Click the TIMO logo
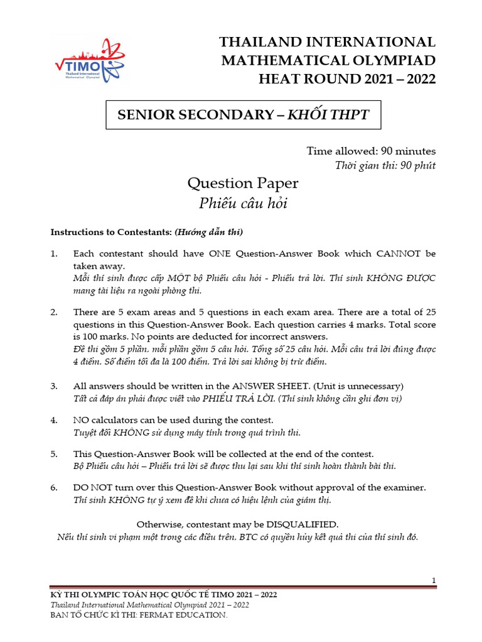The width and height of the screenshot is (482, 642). (87, 60)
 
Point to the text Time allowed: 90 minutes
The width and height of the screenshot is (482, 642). (371, 151)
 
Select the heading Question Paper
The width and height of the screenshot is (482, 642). (242, 184)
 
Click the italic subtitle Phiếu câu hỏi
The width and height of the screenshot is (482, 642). (242, 203)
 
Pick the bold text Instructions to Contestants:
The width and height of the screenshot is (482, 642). (110, 232)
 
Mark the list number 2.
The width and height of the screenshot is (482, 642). (54, 312)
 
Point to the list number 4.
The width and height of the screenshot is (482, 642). (54, 420)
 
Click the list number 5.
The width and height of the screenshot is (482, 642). (54, 453)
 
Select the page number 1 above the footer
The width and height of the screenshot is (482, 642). (434, 581)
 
